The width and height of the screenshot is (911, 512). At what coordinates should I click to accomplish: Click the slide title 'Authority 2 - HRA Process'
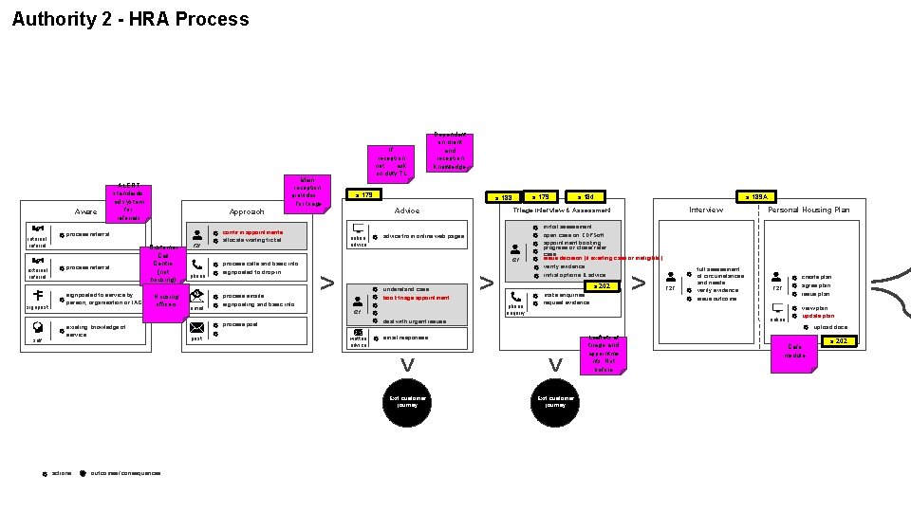pyautogui.click(x=131, y=19)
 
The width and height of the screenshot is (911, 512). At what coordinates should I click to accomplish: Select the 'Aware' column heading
pyautogui.click(x=84, y=211)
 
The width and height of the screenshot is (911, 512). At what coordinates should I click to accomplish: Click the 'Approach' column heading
pyautogui.click(x=247, y=211)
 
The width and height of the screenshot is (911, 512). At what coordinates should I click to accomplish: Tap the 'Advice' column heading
pyautogui.click(x=407, y=210)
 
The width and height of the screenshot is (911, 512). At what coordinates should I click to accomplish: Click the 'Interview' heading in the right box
pyautogui.click(x=705, y=210)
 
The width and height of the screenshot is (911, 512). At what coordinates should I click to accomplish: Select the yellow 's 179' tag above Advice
pyautogui.click(x=365, y=195)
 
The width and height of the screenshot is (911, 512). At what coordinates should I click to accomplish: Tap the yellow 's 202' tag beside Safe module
pyautogui.click(x=838, y=340)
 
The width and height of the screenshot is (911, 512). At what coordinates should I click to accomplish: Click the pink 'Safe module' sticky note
pyautogui.click(x=794, y=352)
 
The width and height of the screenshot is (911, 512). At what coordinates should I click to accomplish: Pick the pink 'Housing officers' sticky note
pyautogui.click(x=165, y=300)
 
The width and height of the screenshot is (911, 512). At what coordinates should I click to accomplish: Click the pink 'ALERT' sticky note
pyautogui.click(x=129, y=200)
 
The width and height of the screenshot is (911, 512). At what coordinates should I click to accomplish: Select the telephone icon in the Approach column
pyautogui.click(x=197, y=266)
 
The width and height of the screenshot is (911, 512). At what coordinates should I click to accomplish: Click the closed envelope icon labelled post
pyautogui.click(x=196, y=328)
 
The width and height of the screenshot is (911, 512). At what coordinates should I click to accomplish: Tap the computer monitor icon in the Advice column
pyautogui.click(x=359, y=229)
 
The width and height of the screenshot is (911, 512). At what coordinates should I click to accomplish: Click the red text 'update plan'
pyautogui.click(x=818, y=316)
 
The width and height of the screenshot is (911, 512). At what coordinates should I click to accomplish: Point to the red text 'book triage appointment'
pyautogui.click(x=416, y=298)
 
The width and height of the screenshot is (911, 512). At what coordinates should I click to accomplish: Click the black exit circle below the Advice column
pyautogui.click(x=407, y=402)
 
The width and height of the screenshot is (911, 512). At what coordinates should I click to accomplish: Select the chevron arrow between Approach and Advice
pyautogui.click(x=327, y=283)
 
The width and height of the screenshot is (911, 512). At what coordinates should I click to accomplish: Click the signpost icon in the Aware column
pyautogui.click(x=38, y=296)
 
